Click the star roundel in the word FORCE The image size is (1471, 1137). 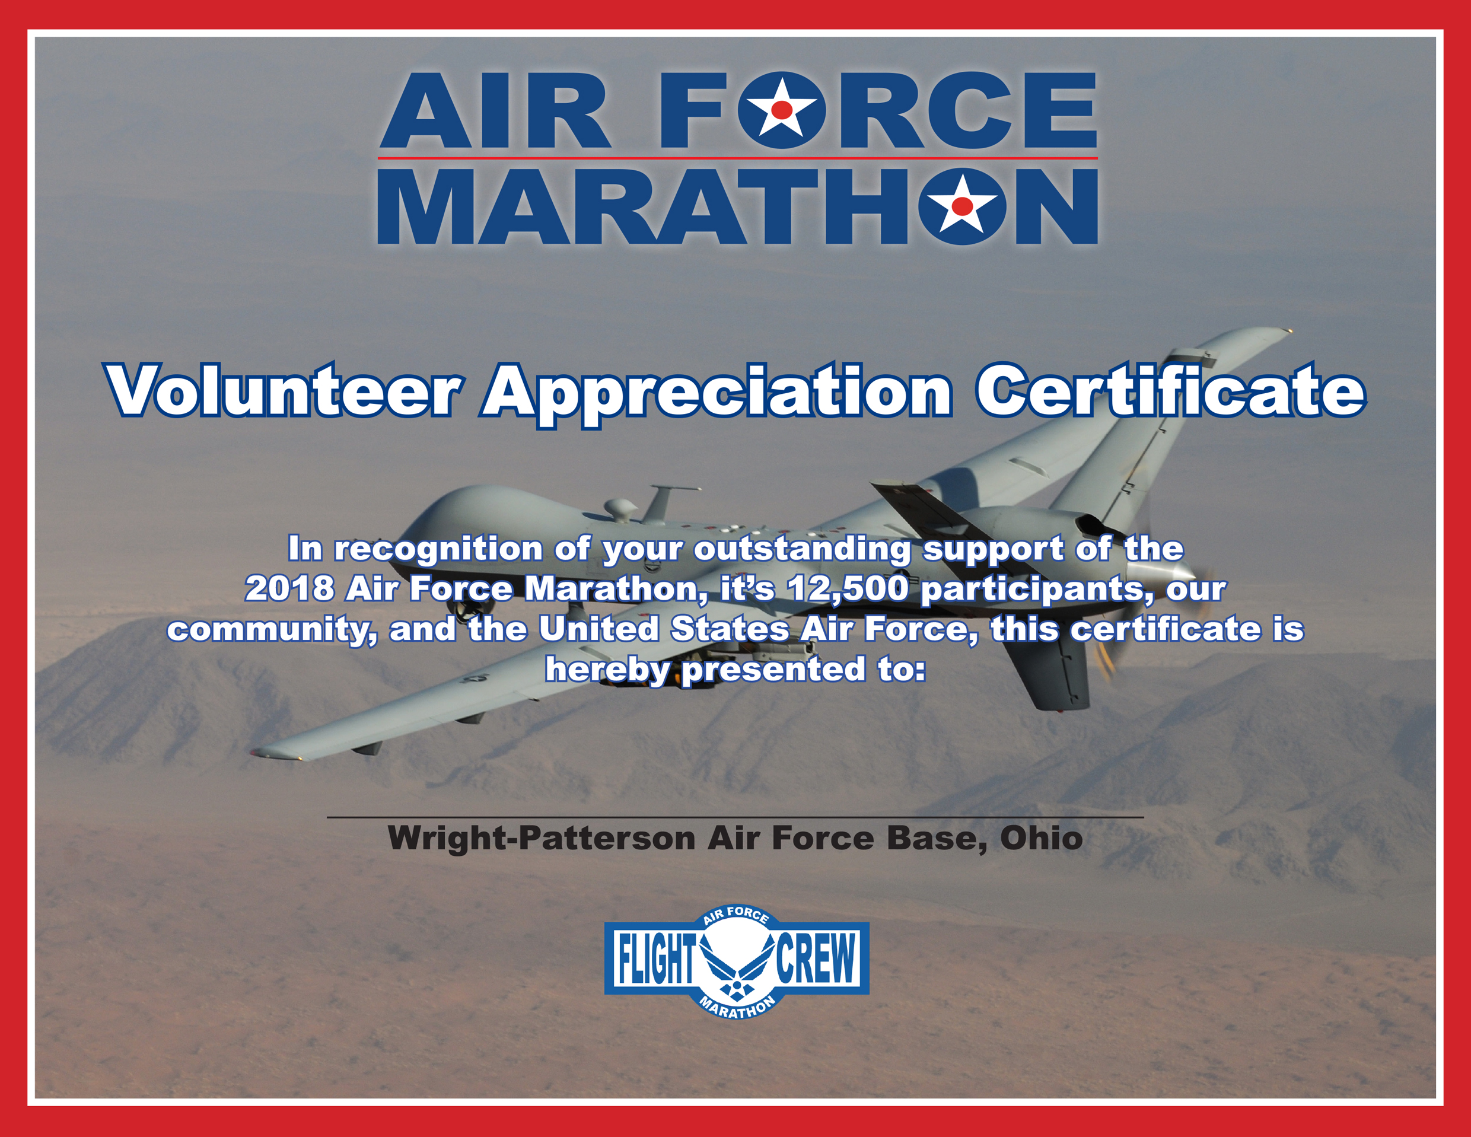pyautogui.click(x=781, y=110)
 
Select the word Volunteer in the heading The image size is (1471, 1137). pyautogui.click(x=284, y=391)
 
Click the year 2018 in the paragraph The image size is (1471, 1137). pyautogui.click(x=289, y=589)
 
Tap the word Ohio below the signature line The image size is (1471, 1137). pyautogui.click(x=1042, y=839)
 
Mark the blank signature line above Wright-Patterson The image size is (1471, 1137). pyautogui.click(x=735, y=817)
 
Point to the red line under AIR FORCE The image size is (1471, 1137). pyautogui.click(x=737, y=158)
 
